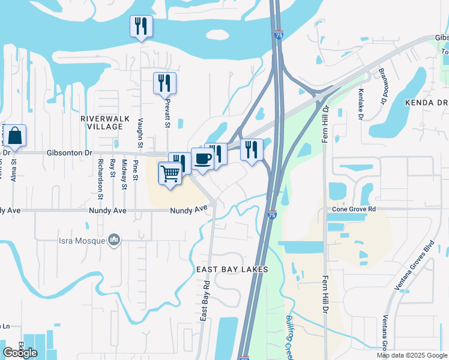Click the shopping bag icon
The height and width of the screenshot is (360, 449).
tap(15, 137)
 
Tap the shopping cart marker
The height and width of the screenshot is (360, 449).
tap(170, 174)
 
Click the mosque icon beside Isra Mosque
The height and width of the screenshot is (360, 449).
tap(114, 241)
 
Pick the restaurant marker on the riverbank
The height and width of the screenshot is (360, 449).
tap(141, 27)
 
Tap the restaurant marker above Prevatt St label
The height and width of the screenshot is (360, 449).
tap(164, 83)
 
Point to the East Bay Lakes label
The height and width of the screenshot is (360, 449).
tap(231, 269)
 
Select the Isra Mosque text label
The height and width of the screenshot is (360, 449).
tap(82, 241)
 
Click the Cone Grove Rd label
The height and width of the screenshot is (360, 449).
tap(355, 209)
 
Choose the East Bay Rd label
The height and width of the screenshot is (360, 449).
tap(205, 299)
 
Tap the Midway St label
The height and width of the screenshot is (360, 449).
tap(124, 175)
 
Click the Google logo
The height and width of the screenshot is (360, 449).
tap(20, 353)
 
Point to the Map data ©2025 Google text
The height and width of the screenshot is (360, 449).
tap(412, 355)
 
